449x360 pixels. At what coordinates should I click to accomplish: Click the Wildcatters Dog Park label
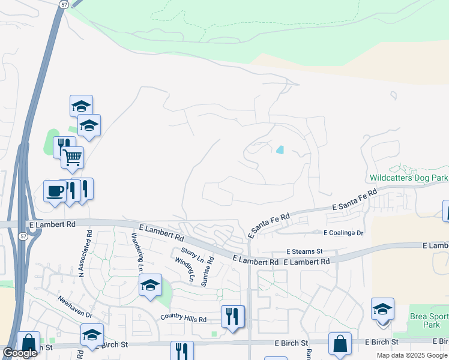click(x=409, y=178)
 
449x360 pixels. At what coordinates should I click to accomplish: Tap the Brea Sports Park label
click(x=429, y=320)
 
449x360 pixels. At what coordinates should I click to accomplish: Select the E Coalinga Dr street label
click(x=344, y=233)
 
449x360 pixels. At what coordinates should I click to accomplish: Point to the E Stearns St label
click(x=304, y=251)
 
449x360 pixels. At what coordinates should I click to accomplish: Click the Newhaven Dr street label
click(x=75, y=306)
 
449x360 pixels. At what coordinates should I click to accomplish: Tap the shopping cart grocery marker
click(x=72, y=158)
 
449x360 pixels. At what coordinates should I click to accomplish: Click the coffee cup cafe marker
click(x=55, y=191)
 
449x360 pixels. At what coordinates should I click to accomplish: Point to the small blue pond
click(x=280, y=149)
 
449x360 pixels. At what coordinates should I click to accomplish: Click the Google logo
click(x=20, y=353)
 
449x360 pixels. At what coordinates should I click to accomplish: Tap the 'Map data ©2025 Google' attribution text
click(x=412, y=355)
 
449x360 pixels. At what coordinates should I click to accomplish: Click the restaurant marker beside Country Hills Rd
click(x=232, y=316)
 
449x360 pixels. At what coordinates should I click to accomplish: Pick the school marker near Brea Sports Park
click(x=382, y=310)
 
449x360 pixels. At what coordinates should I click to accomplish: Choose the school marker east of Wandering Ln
click(x=150, y=286)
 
